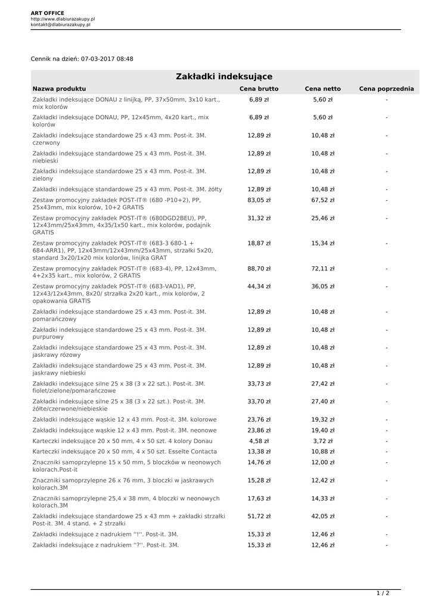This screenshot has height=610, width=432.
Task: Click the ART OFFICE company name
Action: [47, 13]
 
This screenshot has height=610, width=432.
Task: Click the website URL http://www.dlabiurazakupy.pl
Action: [63, 19]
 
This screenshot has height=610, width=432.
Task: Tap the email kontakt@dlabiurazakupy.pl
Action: [60, 25]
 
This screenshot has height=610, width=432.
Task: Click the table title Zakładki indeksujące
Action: [224, 77]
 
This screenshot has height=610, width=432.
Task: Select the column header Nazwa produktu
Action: [59, 89]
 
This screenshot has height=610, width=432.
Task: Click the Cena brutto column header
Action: [259, 89]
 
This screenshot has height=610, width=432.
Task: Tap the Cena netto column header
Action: [322, 89]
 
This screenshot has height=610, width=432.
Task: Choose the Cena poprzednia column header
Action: [386, 89]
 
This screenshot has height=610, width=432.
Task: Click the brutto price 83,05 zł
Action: [259, 200]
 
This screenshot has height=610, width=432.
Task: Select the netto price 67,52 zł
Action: [322, 200]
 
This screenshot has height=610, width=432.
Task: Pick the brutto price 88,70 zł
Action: [259, 269]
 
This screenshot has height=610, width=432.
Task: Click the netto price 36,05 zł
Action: [322, 287]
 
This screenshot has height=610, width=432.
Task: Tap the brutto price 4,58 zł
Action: [259, 441]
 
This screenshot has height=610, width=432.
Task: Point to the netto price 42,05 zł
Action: [322, 516]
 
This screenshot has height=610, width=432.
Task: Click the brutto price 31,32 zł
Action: [259, 218]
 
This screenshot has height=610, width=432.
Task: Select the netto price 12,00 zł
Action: [322, 462]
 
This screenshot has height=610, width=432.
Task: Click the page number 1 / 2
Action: [383, 593]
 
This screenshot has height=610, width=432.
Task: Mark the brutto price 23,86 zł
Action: [259, 430]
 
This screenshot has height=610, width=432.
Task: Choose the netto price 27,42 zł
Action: [322, 384]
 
